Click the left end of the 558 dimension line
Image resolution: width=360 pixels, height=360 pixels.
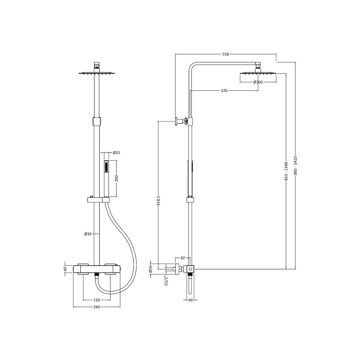point(175,54)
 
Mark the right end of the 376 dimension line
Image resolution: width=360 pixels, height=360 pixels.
point(258,91)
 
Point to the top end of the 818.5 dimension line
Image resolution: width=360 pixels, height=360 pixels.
point(158,122)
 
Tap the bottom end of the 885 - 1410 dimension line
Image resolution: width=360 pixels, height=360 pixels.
point(296,269)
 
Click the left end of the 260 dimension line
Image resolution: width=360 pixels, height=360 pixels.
point(73,307)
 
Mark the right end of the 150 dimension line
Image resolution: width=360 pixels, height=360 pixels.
point(111,300)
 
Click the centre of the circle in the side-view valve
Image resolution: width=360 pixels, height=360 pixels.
point(190,269)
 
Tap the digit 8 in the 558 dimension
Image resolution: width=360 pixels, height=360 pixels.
point(228,54)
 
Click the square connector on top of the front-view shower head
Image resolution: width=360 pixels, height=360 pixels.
point(97,64)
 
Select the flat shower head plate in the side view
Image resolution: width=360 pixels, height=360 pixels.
point(258,73)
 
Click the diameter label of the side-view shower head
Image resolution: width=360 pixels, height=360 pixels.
point(258,82)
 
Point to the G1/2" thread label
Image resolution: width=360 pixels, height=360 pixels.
point(167,280)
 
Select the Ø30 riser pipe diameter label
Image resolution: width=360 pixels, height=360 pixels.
point(88,234)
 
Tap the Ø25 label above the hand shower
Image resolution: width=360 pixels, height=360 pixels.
point(117,153)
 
